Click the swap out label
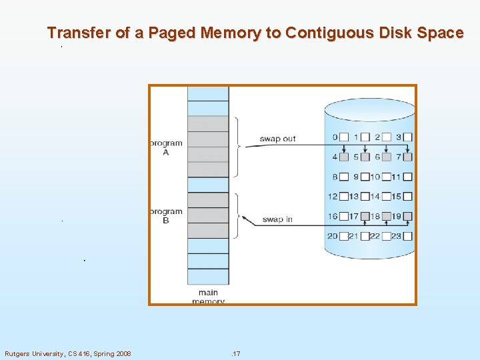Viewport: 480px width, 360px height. click(277, 139)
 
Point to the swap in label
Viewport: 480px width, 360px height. click(277, 219)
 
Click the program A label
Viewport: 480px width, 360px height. click(165, 147)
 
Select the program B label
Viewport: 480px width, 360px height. click(165, 216)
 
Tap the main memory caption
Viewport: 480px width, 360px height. click(208, 297)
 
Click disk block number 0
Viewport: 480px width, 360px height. click(335, 137)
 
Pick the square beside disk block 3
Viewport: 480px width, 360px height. click(408, 137)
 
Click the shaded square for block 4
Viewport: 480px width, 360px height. click(344, 157)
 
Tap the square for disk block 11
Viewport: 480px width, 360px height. click(408, 177)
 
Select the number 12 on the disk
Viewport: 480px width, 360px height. click(333, 197)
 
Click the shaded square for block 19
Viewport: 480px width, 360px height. click(408, 216)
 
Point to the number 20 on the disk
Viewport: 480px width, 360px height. click(333, 236)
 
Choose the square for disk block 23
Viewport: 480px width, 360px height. click(408, 236)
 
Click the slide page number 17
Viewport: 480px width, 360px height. click(235, 353)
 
